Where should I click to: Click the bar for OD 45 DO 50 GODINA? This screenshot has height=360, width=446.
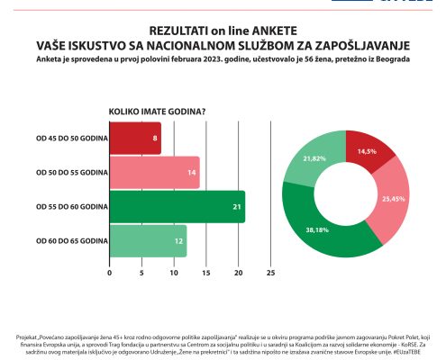(x=135, y=139)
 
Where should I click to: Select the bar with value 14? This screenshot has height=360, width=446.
(x=154, y=173)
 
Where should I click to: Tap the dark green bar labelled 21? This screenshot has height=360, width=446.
(x=177, y=207)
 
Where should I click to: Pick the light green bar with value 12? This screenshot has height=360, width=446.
(x=148, y=240)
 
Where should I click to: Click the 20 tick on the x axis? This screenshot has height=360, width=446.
(x=238, y=271)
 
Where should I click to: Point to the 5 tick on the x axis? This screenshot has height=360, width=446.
(x=141, y=271)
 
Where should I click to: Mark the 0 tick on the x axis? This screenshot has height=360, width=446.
(x=110, y=271)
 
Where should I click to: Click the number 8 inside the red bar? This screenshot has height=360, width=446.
(x=156, y=139)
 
